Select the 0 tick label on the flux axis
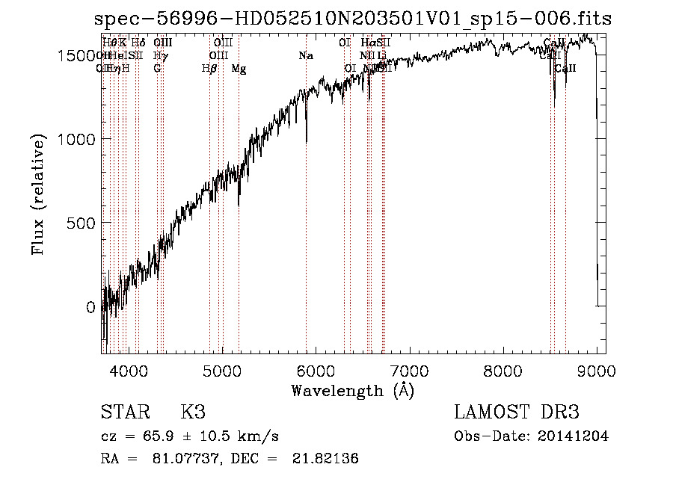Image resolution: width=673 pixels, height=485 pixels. (90, 307)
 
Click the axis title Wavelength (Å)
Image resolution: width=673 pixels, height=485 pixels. (353, 390)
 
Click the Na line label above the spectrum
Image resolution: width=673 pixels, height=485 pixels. (305, 56)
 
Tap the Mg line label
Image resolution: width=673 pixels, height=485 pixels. (239, 69)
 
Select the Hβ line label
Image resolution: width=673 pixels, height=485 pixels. (209, 69)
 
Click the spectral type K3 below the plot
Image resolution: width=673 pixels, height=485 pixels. (193, 413)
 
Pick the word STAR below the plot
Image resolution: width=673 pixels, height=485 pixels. (125, 413)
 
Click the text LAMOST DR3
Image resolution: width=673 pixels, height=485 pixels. (516, 413)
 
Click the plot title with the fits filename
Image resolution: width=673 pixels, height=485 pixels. (353, 19)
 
